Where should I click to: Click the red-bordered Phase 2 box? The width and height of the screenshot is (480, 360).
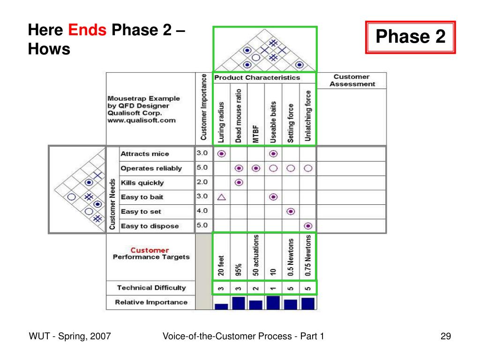[410, 37]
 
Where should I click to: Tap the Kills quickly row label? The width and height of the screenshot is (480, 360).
[142, 183]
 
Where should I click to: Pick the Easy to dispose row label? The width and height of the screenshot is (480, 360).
[150, 226]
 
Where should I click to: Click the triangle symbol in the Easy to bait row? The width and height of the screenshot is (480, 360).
[221, 197]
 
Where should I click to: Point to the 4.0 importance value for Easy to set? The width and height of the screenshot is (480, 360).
[202, 211]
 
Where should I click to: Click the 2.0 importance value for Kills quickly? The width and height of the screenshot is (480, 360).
[202, 182]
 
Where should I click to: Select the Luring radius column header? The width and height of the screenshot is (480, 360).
[221, 122]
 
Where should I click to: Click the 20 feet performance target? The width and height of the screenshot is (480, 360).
[221, 265]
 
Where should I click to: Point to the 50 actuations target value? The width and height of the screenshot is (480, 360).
[256, 255]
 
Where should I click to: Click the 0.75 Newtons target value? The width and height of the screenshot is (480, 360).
[308, 255]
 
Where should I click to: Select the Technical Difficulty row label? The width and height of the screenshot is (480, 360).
[151, 288]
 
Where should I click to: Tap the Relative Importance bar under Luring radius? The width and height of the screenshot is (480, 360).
[221, 307]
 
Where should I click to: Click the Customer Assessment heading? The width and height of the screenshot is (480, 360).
[352, 80]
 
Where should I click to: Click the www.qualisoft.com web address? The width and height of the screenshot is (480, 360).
[142, 120]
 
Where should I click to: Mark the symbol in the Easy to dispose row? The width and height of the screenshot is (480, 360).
[308, 226]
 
